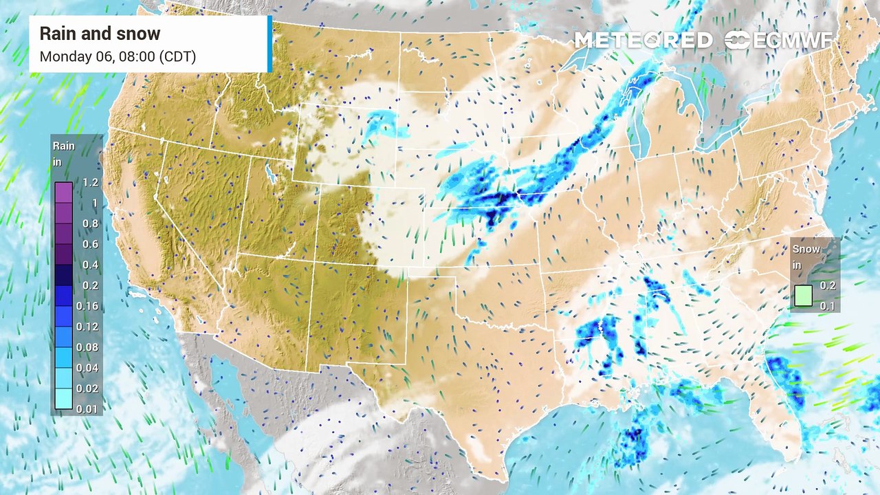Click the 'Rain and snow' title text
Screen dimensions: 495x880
pyautogui.click(x=100, y=34)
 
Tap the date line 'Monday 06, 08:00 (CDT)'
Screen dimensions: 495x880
pyautogui.click(x=118, y=56)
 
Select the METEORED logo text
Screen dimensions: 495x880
pyautogui.click(x=643, y=41)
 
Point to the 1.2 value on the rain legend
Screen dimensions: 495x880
pyautogui.click(x=90, y=183)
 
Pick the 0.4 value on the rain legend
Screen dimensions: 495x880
pyautogui.click(x=90, y=265)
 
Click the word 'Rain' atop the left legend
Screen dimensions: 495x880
pyautogui.click(x=64, y=146)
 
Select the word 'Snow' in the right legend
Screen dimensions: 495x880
pyautogui.click(x=806, y=250)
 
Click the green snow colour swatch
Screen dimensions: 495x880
pyautogui.click(x=803, y=296)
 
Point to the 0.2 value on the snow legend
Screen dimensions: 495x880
pyautogui.click(x=828, y=285)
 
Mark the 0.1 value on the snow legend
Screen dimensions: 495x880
pyautogui.click(x=828, y=306)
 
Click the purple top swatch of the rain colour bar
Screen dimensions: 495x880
pyautogui.click(x=63, y=192)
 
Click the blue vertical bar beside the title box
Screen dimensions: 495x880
pyautogui.click(x=269, y=44)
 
